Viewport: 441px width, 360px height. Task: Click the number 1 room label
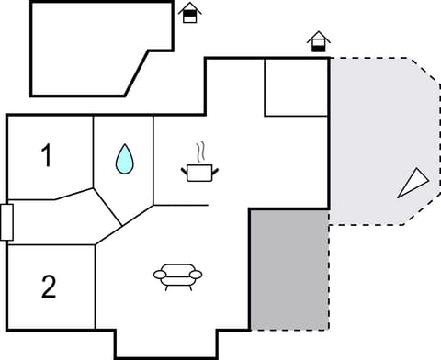coord(47,156)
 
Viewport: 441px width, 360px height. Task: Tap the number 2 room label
coord(49,287)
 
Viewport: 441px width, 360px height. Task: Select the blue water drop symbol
coord(124,161)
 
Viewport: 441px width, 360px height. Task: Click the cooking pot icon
coord(199,172)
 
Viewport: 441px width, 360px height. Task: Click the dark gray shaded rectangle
coord(289,268)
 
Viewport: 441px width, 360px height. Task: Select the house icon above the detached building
coord(189,13)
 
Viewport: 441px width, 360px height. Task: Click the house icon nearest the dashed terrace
coord(318,41)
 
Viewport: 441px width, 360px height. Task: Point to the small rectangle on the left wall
coord(6,222)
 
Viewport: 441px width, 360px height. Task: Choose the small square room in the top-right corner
coord(296,87)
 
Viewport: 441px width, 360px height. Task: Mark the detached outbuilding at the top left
coord(92,46)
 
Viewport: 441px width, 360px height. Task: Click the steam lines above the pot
coord(199,151)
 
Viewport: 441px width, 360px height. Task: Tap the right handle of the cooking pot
coord(217,168)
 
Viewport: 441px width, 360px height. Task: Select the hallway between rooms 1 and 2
coord(55,220)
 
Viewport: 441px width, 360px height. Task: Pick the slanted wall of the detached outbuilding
coord(137,71)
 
